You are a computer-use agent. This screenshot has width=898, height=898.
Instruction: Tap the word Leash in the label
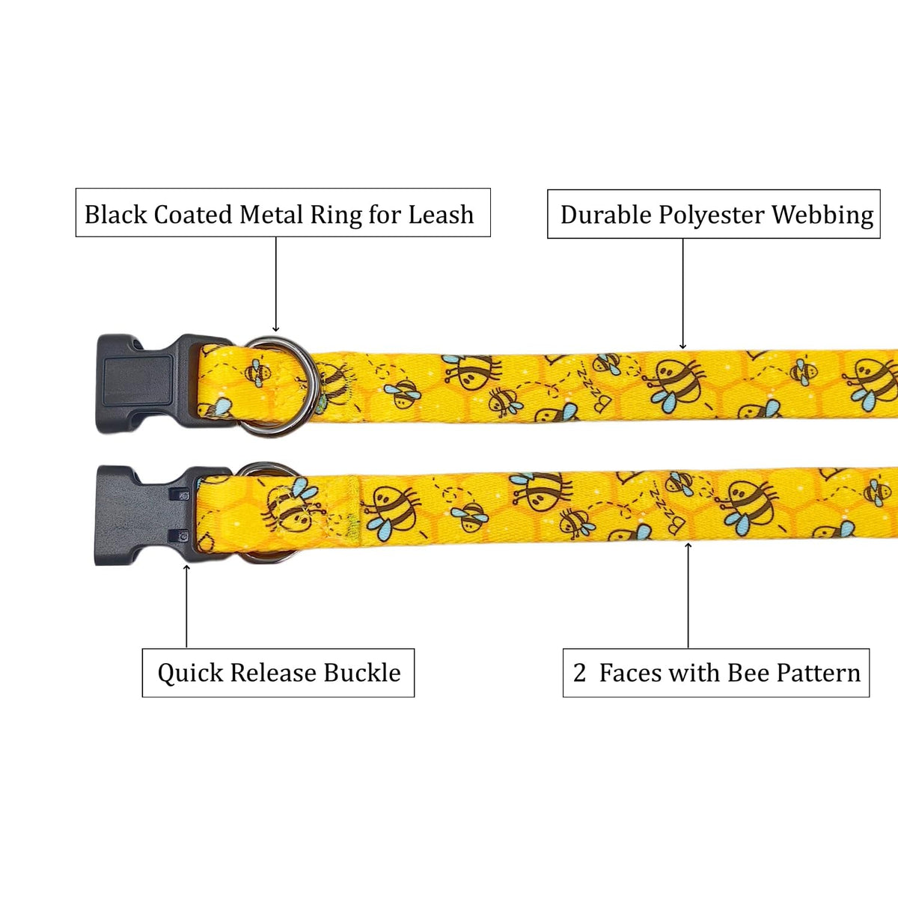[441, 215]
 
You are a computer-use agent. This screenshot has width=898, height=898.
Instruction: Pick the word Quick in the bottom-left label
[191, 673]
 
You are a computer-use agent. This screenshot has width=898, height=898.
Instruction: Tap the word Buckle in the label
[362, 673]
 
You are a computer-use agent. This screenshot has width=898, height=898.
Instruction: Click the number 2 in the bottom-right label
[579, 673]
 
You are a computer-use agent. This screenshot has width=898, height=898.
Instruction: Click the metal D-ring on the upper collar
[281, 386]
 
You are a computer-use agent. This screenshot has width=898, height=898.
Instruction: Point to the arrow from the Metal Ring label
[276, 284]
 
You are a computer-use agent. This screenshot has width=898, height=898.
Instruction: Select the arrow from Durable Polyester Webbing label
[682, 293]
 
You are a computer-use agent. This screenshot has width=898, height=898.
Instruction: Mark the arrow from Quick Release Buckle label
[186, 606]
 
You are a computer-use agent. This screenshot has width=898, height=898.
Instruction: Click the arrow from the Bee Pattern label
[688, 596]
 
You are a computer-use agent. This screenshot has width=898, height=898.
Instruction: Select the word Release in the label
[274, 673]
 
